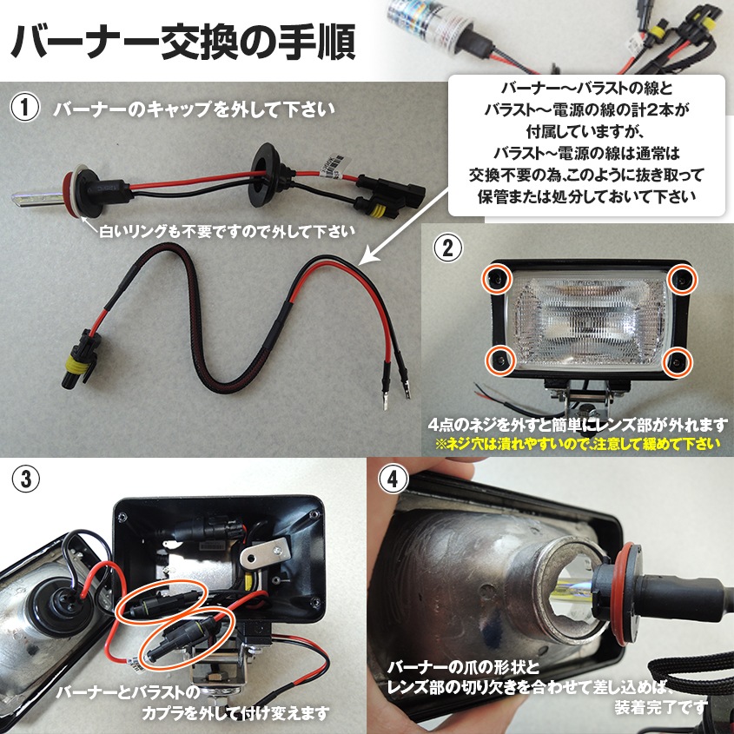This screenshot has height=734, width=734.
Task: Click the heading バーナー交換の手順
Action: click(x=183, y=40)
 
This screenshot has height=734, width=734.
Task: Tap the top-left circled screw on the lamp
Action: click(x=497, y=279)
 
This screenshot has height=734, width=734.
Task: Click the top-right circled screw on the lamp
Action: click(x=682, y=279)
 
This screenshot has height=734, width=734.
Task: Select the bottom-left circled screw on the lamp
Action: click(x=499, y=360)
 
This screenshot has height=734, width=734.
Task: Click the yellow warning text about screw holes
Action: click(x=579, y=444)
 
